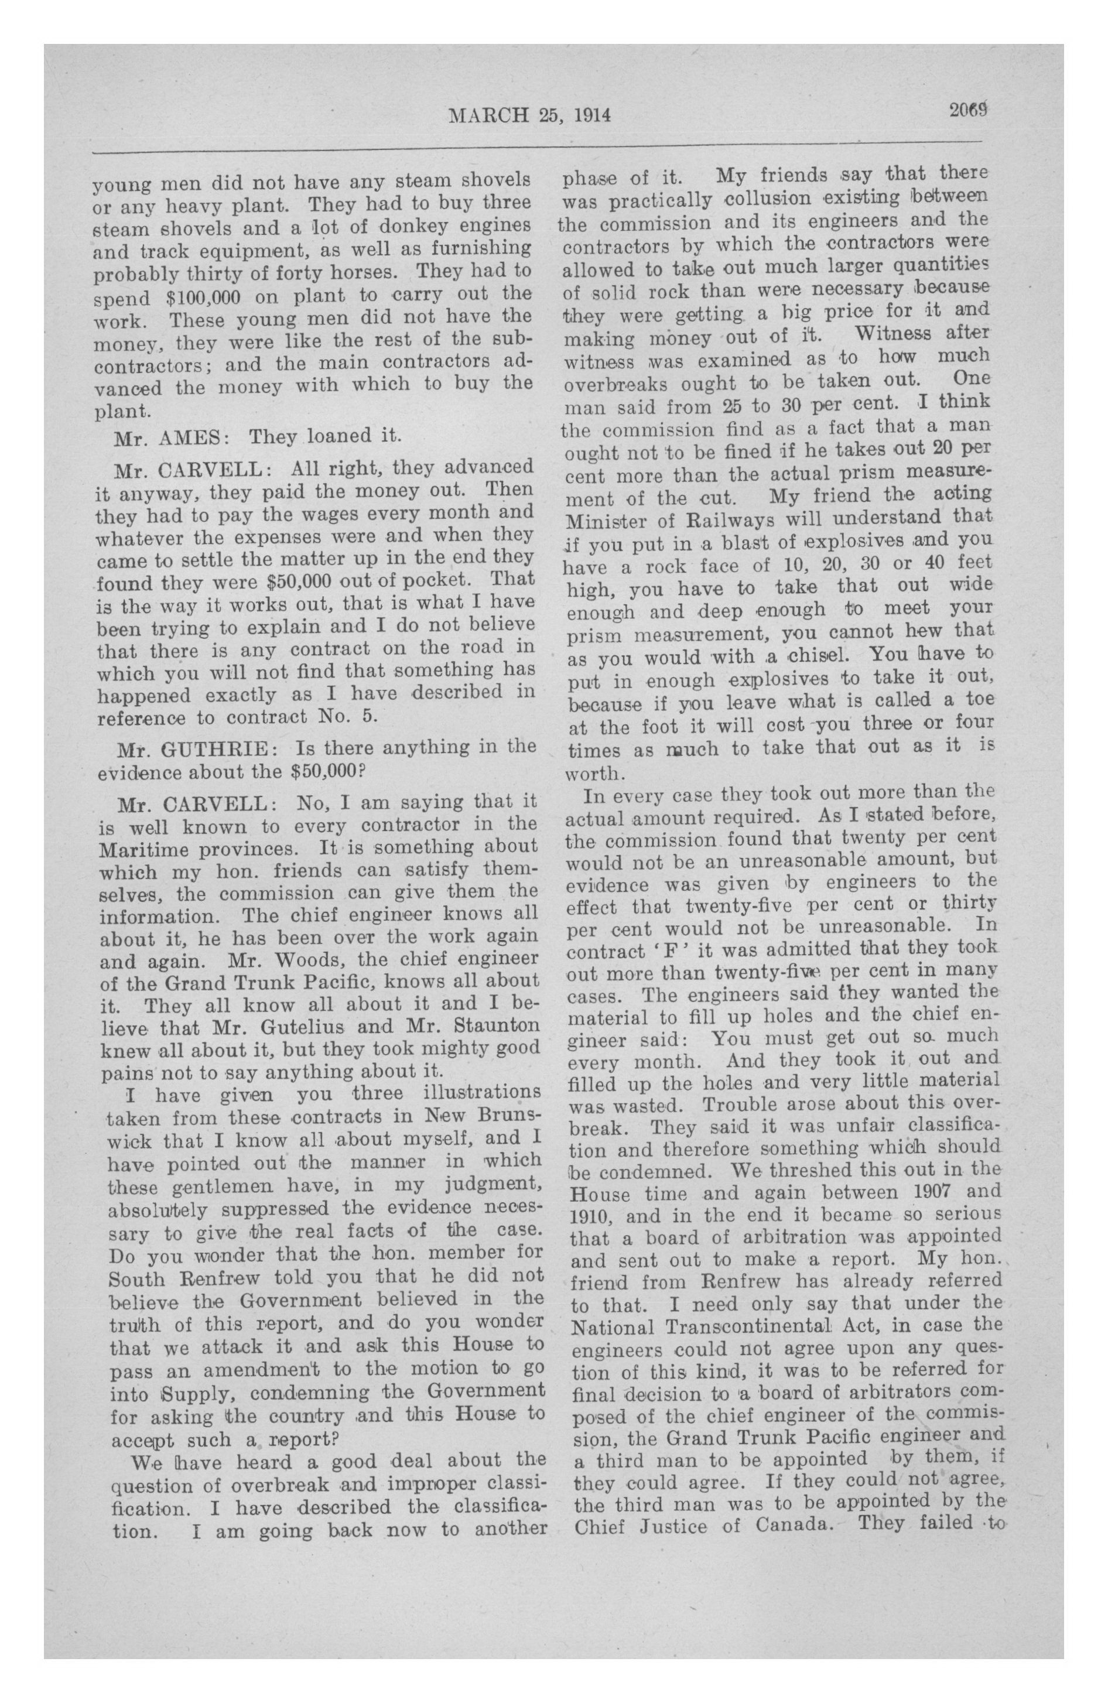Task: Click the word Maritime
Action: pyautogui.click(x=142, y=850)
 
